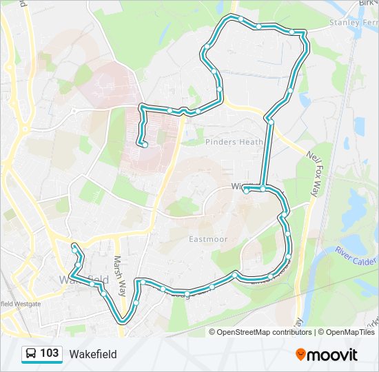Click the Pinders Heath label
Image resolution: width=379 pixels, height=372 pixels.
[234, 142]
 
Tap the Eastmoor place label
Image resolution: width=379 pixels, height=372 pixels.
[208, 239]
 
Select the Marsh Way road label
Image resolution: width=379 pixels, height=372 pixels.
[119, 265]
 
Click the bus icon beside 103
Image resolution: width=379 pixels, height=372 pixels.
[31, 354]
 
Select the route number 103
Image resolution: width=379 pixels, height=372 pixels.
[49, 353]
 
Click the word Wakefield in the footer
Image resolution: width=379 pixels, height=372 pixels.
[92, 354]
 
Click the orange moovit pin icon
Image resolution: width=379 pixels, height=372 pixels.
[301, 354]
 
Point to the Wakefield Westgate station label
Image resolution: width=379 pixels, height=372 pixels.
[21, 303]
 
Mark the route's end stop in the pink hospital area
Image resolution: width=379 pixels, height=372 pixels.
[145, 144]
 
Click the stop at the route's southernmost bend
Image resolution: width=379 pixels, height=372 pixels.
[123, 320]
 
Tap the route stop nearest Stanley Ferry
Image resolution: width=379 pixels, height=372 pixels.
[292, 32]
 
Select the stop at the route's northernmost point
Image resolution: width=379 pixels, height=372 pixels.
[240, 19]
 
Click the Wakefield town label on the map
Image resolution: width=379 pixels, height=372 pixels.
[83, 280]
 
